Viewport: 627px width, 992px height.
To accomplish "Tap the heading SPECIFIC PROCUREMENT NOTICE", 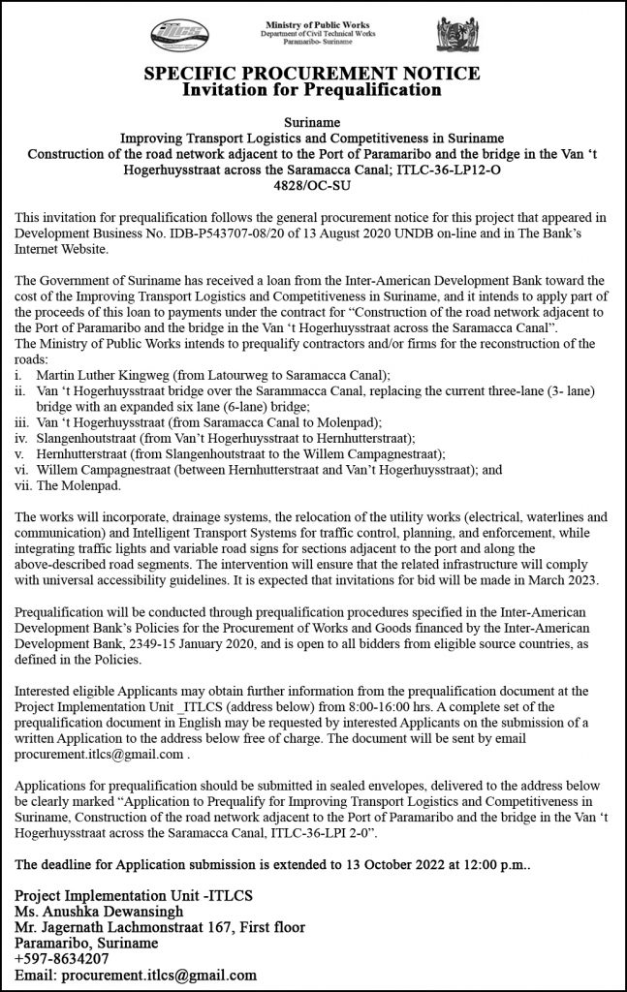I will pos(312,74).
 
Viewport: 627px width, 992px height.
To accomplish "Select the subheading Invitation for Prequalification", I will pos(312,90).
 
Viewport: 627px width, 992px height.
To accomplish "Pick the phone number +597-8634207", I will pos(61,959).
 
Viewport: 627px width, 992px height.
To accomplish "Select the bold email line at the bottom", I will pos(137,976).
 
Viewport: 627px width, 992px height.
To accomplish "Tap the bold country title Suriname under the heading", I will pos(312,123).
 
